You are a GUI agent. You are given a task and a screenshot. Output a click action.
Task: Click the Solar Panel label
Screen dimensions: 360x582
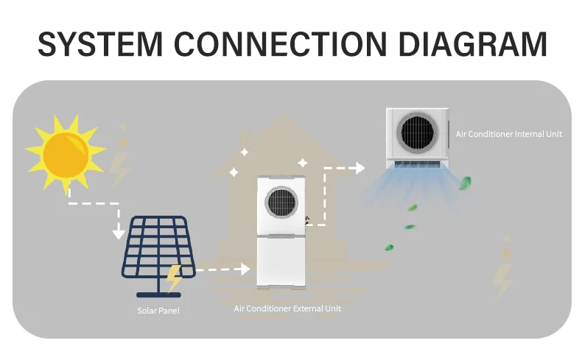pos(158,311)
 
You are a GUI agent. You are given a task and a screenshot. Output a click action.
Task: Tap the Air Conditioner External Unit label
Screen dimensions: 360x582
pos(287,308)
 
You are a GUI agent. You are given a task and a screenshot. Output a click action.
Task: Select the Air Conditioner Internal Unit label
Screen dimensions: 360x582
pos(508,134)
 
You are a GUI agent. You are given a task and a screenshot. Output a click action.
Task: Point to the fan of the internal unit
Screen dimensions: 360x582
pos(418,133)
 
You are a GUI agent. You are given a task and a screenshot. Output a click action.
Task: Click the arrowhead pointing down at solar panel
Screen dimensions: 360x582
pos(118,233)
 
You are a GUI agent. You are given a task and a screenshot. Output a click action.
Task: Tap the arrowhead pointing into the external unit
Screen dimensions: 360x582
pos(245,269)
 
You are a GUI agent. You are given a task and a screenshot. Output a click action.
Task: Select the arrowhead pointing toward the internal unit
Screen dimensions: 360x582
pos(360,168)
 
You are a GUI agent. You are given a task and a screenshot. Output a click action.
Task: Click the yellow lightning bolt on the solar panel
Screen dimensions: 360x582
pos(174,278)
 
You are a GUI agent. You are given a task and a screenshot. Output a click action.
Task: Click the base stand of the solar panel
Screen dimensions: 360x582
pos(158,292)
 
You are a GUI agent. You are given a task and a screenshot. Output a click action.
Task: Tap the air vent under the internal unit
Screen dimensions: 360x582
pos(418,164)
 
